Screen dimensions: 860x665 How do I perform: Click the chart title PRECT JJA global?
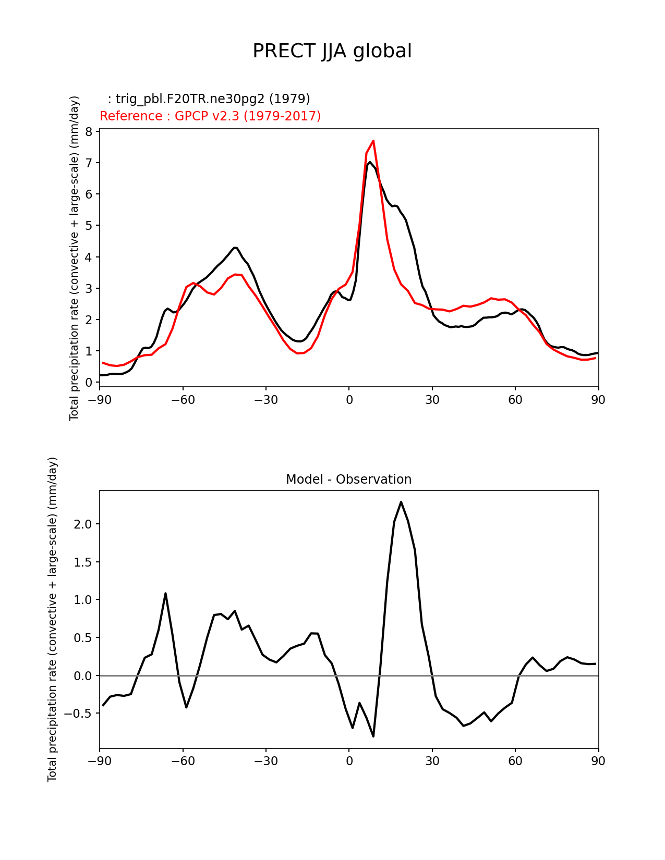pyautogui.click(x=332, y=51)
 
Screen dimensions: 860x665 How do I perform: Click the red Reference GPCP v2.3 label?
pyautogui.click(x=210, y=116)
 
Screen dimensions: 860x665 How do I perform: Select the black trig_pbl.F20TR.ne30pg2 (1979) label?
pyautogui.click(x=209, y=99)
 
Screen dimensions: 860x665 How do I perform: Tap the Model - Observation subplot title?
pyautogui.click(x=348, y=479)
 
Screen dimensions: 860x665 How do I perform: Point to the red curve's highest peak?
pyautogui.click(x=373, y=141)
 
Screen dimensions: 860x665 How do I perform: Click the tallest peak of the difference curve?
pyautogui.click(x=401, y=502)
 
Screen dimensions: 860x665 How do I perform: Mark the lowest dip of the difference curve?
pyautogui.click(x=373, y=736)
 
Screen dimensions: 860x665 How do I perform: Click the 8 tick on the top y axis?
pyautogui.click(x=89, y=131)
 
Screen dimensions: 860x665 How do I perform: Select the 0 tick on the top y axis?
pyautogui.click(x=89, y=382)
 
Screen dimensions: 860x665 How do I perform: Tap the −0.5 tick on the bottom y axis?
pyautogui.click(x=79, y=713)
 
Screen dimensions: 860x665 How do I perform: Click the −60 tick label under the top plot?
pyautogui.click(x=183, y=400)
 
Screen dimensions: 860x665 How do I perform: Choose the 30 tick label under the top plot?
pyautogui.click(x=432, y=400)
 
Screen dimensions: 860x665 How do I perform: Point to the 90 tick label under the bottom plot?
pyautogui.click(x=598, y=761)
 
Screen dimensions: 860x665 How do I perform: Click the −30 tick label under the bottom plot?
pyautogui.click(x=265, y=761)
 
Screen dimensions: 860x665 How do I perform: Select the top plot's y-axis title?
pyautogui.click(x=74, y=258)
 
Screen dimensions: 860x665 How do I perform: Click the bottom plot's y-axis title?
pyautogui.click(x=52, y=619)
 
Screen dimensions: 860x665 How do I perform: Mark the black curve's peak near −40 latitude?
pyautogui.click(x=235, y=248)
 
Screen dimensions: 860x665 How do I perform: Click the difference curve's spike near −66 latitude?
pyautogui.click(x=165, y=593)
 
